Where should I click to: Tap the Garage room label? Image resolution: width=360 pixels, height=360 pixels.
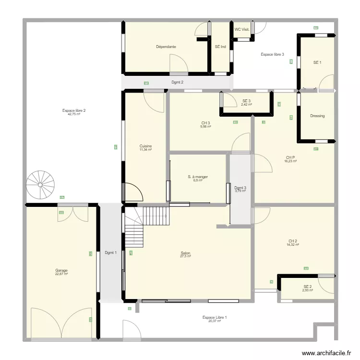[61, 271]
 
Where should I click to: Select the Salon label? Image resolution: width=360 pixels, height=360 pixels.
[185, 253]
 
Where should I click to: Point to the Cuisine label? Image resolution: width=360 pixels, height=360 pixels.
[145, 146]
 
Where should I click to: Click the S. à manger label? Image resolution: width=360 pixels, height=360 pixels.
[198, 177]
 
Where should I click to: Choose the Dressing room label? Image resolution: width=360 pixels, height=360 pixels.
[317, 116]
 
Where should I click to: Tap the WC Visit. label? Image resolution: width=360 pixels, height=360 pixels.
[242, 29]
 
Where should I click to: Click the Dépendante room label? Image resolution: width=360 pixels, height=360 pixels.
[166, 47]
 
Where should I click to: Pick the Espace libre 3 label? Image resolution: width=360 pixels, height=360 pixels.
[273, 54]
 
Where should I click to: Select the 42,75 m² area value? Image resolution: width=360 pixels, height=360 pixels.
[74, 114]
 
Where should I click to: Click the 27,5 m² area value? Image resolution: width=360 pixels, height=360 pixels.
[185, 257]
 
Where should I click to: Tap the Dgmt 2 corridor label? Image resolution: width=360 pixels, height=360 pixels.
[178, 83]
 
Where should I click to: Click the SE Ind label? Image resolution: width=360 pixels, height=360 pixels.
[220, 47]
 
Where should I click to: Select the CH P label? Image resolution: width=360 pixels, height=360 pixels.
[290, 157]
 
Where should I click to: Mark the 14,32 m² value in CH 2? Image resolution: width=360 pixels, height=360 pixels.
[293, 244]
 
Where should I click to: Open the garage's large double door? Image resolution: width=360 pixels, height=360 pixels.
[61, 324]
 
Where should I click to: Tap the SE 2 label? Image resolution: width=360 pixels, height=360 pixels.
[308, 287]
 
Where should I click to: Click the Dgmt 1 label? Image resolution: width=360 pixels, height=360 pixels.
[110, 253]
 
